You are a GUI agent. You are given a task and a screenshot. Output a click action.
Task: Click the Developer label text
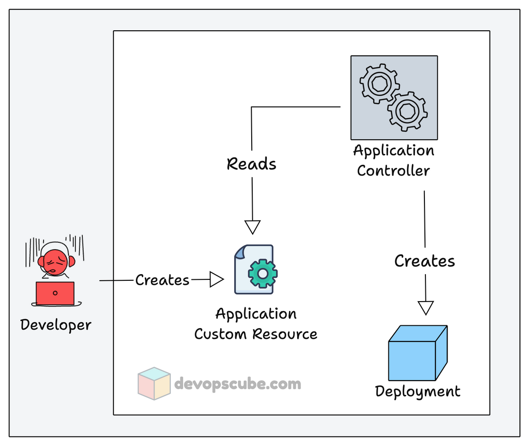(x=56, y=325)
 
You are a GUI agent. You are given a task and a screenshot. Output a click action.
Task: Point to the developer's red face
(x=54, y=262)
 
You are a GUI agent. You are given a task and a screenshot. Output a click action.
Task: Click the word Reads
(x=251, y=164)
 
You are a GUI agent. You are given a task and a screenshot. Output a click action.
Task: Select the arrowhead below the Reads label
(x=253, y=227)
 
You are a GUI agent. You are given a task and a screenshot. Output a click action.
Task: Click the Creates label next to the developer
(x=162, y=280)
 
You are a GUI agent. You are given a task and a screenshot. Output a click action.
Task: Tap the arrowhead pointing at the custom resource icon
(x=217, y=279)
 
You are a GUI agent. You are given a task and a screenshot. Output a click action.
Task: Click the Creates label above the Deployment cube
(x=424, y=261)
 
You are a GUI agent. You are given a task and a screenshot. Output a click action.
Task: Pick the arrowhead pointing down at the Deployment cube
(x=426, y=308)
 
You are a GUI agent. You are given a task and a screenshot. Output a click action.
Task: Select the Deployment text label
(x=417, y=392)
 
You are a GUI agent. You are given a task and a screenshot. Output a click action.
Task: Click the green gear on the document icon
(x=262, y=273)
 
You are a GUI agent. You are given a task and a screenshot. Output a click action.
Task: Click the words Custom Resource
(x=256, y=334)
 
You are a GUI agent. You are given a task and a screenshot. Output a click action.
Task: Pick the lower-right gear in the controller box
(x=407, y=112)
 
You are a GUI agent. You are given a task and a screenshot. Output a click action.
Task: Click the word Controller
(x=393, y=170)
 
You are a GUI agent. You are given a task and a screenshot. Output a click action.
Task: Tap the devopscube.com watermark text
(x=238, y=383)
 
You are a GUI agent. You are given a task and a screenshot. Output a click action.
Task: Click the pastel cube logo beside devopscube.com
(x=154, y=383)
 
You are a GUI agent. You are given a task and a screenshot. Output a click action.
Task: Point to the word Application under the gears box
(x=393, y=151)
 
